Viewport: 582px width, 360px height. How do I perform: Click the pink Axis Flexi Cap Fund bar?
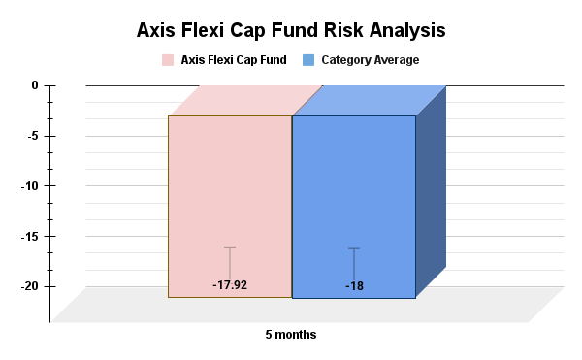pyautogui.click(x=230, y=194)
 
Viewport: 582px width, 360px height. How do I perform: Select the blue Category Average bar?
pyautogui.click(x=354, y=194)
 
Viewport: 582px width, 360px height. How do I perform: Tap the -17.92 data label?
pyautogui.click(x=230, y=285)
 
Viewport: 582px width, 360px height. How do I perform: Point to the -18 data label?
pyautogui.click(x=354, y=286)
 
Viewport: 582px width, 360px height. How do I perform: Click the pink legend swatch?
pyautogui.click(x=168, y=60)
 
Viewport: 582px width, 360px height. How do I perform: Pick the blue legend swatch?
pyautogui.click(x=308, y=60)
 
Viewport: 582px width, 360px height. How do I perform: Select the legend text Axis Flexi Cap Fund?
pyautogui.click(x=234, y=60)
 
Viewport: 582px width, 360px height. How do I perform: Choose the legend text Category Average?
pyautogui.click(x=370, y=60)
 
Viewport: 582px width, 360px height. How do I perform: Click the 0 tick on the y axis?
pyautogui.click(x=34, y=85)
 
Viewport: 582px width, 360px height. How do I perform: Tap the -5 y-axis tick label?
pyautogui.click(x=31, y=136)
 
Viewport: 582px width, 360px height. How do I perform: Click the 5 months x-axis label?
pyautogui.click(x=291, y=335)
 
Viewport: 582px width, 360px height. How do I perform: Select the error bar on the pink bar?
pyautogui.click(x=230, y=262)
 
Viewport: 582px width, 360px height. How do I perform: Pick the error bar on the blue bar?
pyautogui.click(x=354, y=263)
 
